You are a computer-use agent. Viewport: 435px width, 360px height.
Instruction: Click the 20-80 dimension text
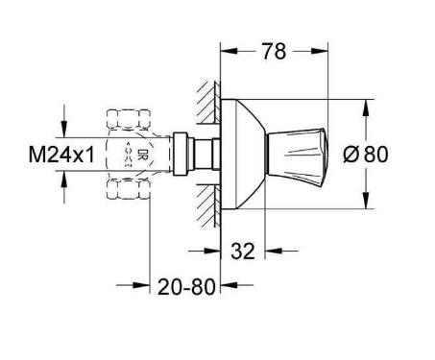(x=184, y=285)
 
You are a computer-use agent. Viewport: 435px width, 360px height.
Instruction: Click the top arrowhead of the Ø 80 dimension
(x=365, y=104)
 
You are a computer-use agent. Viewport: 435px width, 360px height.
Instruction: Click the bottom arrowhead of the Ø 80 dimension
(x=365, y=203)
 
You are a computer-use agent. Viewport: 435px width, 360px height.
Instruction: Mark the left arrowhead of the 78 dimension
(x=227, y=50)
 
